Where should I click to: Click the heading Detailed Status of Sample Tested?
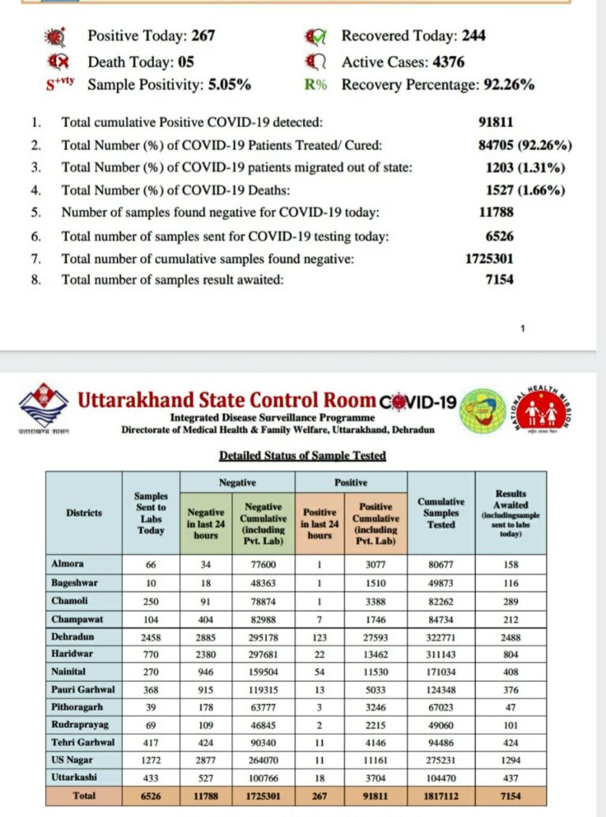point(302,455)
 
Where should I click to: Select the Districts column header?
point(84,512)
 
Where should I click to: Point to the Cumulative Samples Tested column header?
point(441,512)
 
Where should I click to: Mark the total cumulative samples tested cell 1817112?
point(441,795)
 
